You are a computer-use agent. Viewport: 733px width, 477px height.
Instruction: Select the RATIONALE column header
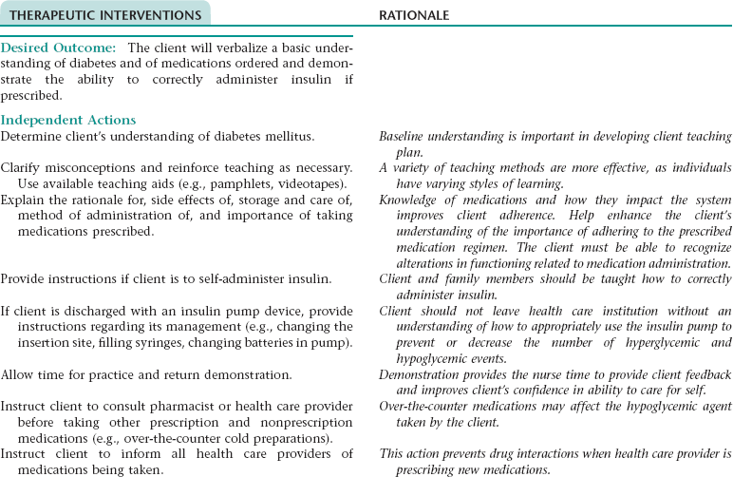point(414,15)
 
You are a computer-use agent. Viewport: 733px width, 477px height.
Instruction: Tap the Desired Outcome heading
point(58,48)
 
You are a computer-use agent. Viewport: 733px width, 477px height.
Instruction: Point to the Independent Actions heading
point(68,121)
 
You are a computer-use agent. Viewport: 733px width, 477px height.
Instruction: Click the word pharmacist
point(181,406)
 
